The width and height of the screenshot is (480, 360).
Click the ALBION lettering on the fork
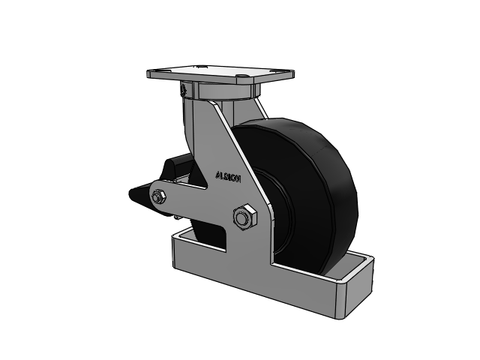click(x=227, y=177)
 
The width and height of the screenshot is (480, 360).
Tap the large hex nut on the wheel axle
click(x=242, y=218)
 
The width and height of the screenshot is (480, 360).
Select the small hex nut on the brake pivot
click(x=159, y=197)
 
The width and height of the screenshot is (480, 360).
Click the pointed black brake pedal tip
click(x=135, y=195)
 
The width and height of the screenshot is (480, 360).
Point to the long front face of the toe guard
click(x=255, y=289)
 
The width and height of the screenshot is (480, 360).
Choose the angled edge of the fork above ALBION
click(x=236, y=142)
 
